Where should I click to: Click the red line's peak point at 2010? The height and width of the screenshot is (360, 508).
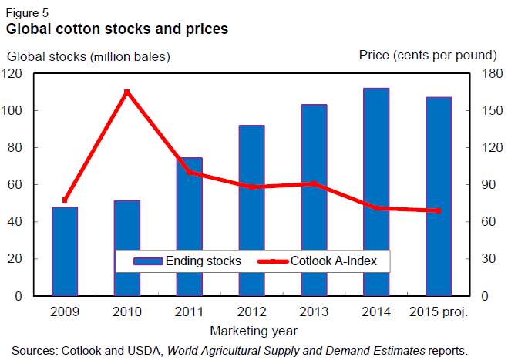click(x=127, y=93)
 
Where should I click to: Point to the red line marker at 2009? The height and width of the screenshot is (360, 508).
click(x=65, y=200)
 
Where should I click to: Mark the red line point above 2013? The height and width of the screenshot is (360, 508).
click(x=314, y=184)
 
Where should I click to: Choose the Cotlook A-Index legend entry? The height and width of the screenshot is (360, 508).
click(x=324, y=261)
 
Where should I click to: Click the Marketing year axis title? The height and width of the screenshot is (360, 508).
click(x=251, y=330)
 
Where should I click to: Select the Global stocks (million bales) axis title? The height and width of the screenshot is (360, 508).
click(x=89, y=56)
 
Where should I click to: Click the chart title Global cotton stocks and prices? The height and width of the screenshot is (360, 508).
click(x=117, y=30)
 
